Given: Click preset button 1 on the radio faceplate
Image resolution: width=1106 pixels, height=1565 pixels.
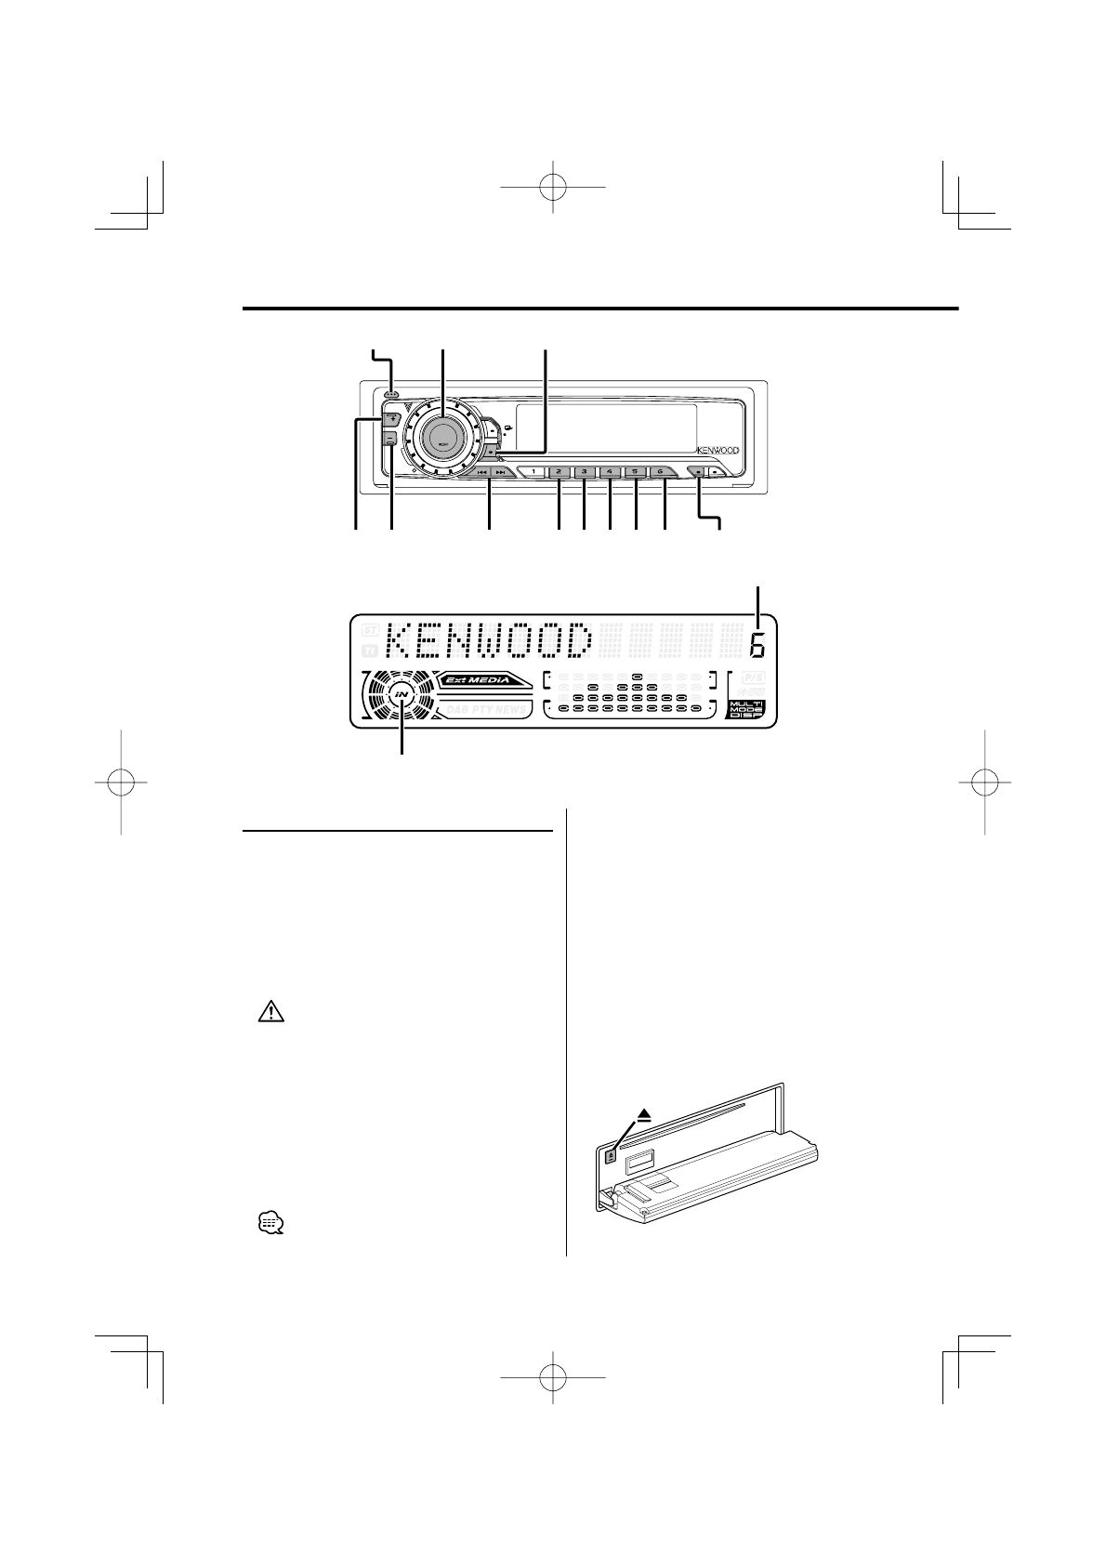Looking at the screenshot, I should pos(534,472).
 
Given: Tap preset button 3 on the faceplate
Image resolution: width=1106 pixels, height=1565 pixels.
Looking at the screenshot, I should pos(584,472).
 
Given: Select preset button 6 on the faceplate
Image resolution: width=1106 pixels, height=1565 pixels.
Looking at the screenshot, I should pos(660,472).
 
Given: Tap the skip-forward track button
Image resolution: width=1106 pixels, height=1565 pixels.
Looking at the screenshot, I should pos(502,472).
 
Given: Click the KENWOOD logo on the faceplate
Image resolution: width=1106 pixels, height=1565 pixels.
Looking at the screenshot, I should pos(718,451).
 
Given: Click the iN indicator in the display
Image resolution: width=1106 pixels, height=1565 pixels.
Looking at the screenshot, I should pos(402,694).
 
